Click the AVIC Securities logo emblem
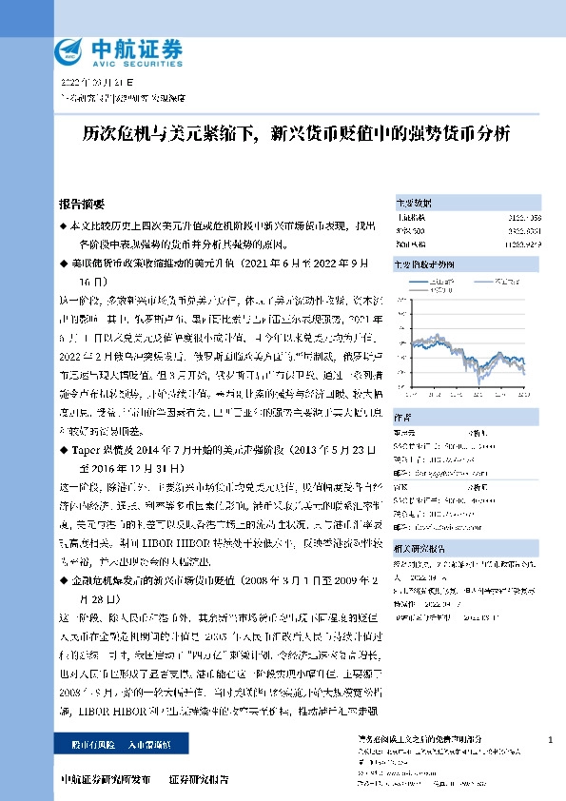[70, 49]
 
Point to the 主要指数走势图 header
[425, 264]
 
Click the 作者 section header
[404, 414]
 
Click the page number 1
[552, 740]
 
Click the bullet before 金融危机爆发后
[63, 578]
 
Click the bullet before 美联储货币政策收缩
[63, 262]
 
